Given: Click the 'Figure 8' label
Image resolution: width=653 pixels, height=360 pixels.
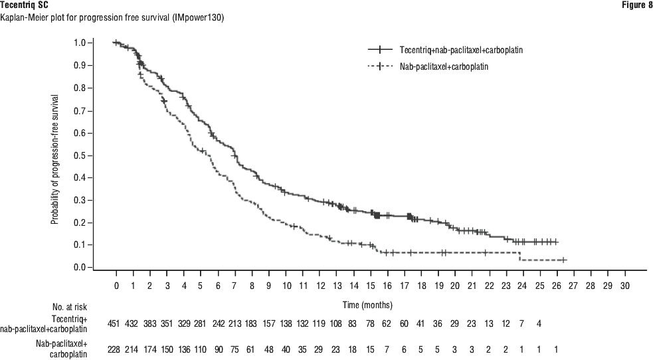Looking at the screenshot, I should [x=636, y=5].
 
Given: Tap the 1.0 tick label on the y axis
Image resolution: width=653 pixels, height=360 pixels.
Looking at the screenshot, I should [x=80, y=43].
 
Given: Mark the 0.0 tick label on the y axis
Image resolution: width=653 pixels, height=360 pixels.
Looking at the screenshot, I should [x=80, y=268].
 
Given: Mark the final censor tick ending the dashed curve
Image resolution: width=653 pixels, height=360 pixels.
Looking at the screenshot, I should [x=563, y=260].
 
